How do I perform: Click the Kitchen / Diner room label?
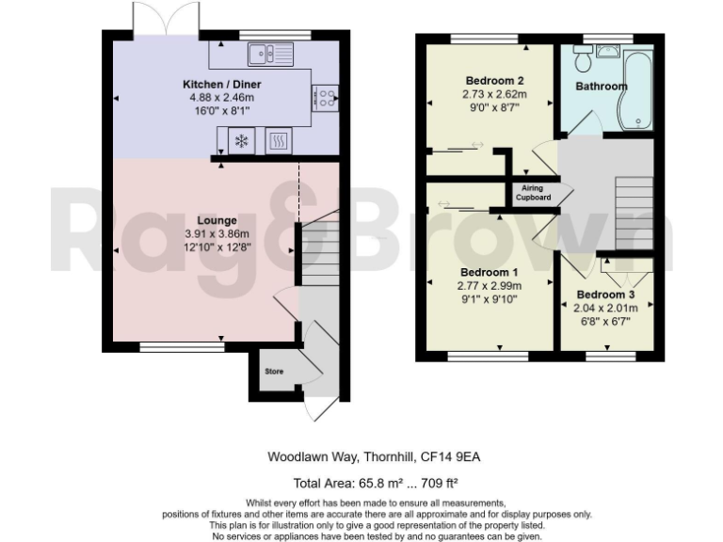[217, 85]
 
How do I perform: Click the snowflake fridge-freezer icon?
[241, 141]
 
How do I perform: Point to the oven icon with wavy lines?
[280, 141]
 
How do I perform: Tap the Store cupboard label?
[273, 372]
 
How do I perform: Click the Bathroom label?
[601, 87]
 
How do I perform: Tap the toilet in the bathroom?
[584, 60]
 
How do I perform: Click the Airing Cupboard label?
[534, 193]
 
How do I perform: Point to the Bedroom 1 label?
[490, 272]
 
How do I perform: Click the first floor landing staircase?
[633, 208]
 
